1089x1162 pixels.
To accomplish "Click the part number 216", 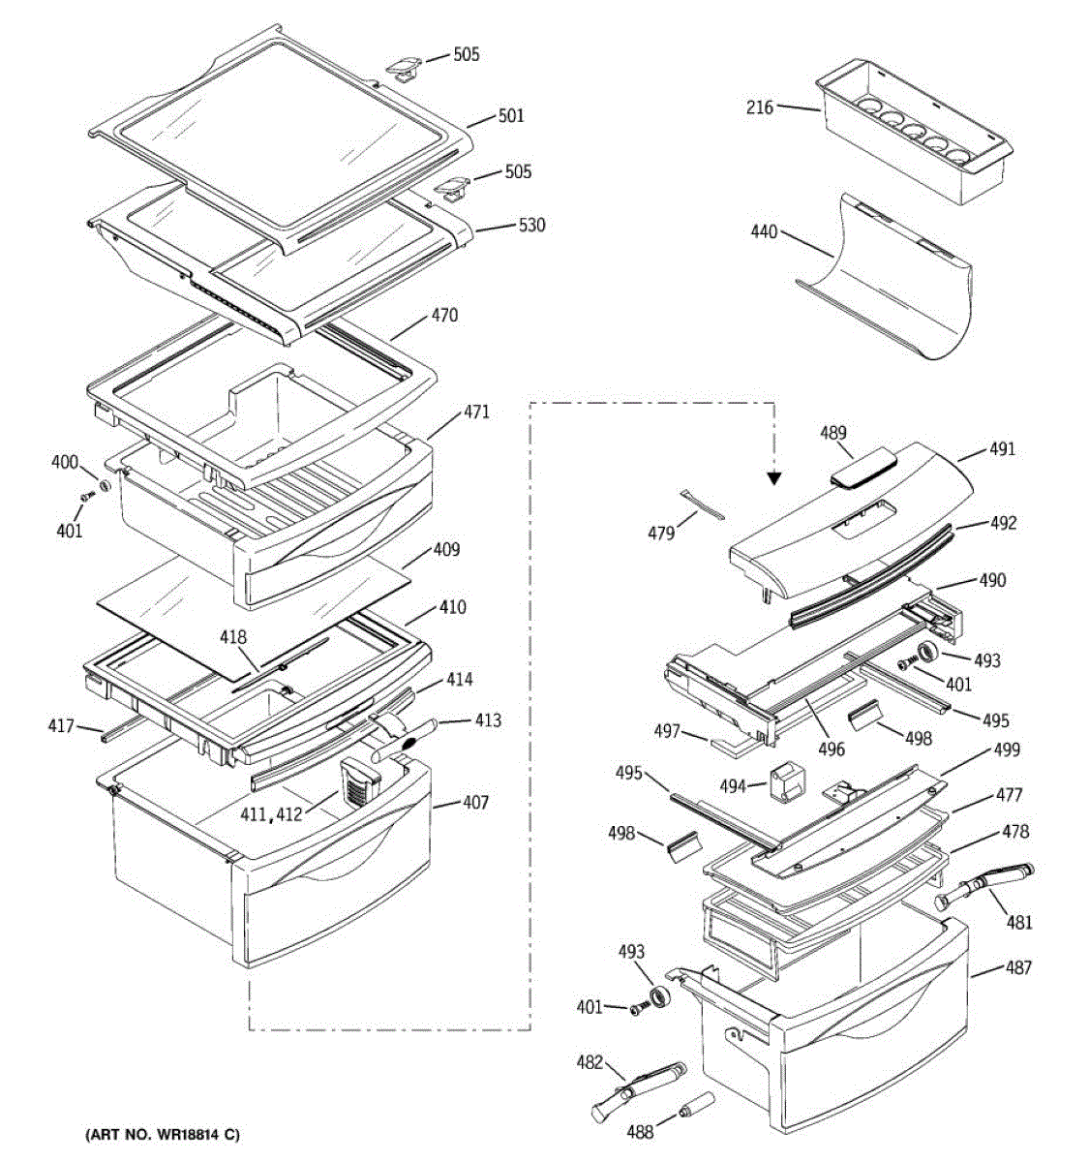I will pos(760,107).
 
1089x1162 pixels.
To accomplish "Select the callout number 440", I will pos(764,232).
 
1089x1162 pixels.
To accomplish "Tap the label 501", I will pos(510,116).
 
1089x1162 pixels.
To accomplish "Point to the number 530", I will pos(531,226).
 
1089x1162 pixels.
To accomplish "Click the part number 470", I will pos(444,316).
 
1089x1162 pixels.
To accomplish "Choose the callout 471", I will pos(475,413).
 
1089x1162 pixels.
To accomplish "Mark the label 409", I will pos(445,550).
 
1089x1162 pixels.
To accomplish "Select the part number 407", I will pos(474,802).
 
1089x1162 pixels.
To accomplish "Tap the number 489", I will pos(833,435).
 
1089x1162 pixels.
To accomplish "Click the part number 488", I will pos(639,1130).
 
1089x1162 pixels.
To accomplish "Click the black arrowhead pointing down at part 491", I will pos(774,476).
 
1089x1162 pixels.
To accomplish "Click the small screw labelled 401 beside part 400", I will pos(84,496).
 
